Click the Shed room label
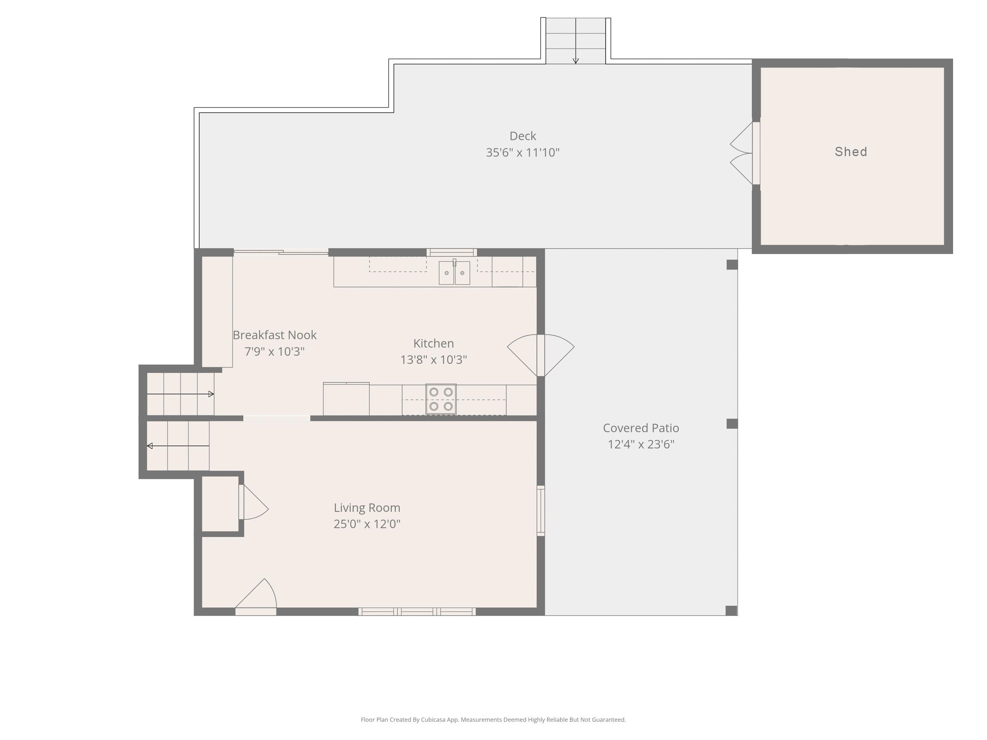click(851, 151)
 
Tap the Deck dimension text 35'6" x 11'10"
click(522, 153)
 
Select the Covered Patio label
click(641, 428)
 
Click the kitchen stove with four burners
click(441, 399)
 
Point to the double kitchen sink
click(454, 272)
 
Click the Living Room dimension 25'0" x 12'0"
click(367, 524)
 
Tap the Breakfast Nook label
click(275, 335)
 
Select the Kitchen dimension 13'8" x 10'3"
click(433, 360)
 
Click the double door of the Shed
click(741, 153)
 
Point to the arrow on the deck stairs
click(576, 40)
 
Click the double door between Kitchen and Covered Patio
click(541, 355)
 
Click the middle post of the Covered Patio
click(732, 424)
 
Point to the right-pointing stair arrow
click(180, 394)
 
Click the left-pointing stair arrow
click(178, 446)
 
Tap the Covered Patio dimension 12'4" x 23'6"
click(641, 444)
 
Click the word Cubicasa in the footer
click(433, 720)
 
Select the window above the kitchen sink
click(451, 252)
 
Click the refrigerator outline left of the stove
click(346, 399)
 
